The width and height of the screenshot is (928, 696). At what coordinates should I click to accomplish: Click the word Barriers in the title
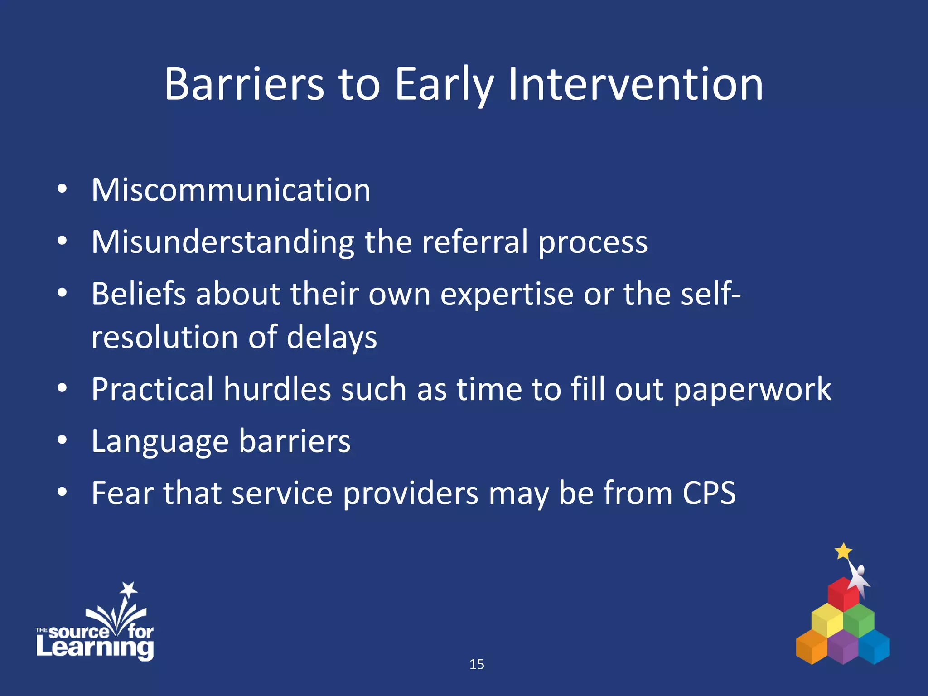tap(244, 84)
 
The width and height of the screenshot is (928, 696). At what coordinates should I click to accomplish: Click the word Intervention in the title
tap(635, 84)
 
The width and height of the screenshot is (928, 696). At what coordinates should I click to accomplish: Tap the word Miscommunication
tap(231, 190)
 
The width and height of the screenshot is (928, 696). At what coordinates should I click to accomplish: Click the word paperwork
tap(752, 390)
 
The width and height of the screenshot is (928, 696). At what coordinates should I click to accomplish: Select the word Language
tap(160, 442)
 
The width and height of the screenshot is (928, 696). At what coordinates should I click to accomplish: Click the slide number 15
tap(477, 664)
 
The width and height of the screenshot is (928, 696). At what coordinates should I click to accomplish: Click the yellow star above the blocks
tap(843, 551)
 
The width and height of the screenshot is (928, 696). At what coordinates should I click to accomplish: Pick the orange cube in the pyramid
tap(812, 647)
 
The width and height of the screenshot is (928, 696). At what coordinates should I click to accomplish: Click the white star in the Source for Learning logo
tap(129, 590)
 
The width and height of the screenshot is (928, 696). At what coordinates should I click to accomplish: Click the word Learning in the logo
tap(95, 648)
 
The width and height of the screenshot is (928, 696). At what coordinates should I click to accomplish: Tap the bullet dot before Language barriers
tap(63, 440)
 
